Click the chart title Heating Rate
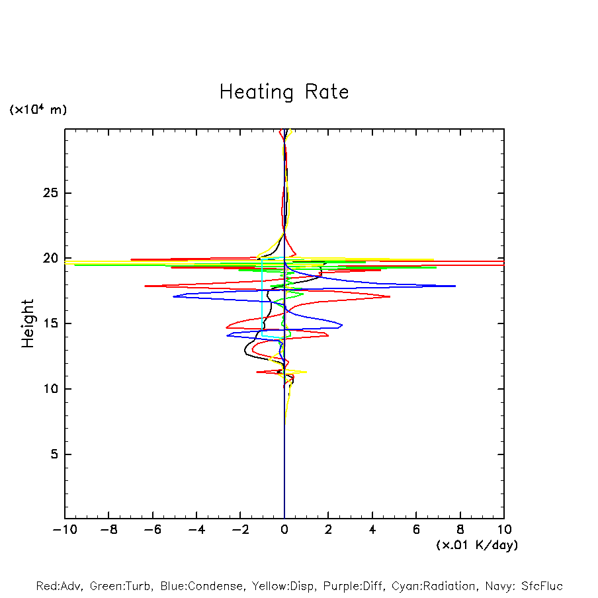pos(284,92)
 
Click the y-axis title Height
pos(28,323)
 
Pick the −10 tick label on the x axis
pos(64,530)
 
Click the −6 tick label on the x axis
pos(152,530)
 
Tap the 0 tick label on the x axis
pos(284,530)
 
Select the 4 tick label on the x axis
pos(372,530)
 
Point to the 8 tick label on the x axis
pos(460,530)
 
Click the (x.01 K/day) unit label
pos(477,545)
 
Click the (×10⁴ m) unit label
pos(38,110)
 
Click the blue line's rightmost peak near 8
pos(454,286)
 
